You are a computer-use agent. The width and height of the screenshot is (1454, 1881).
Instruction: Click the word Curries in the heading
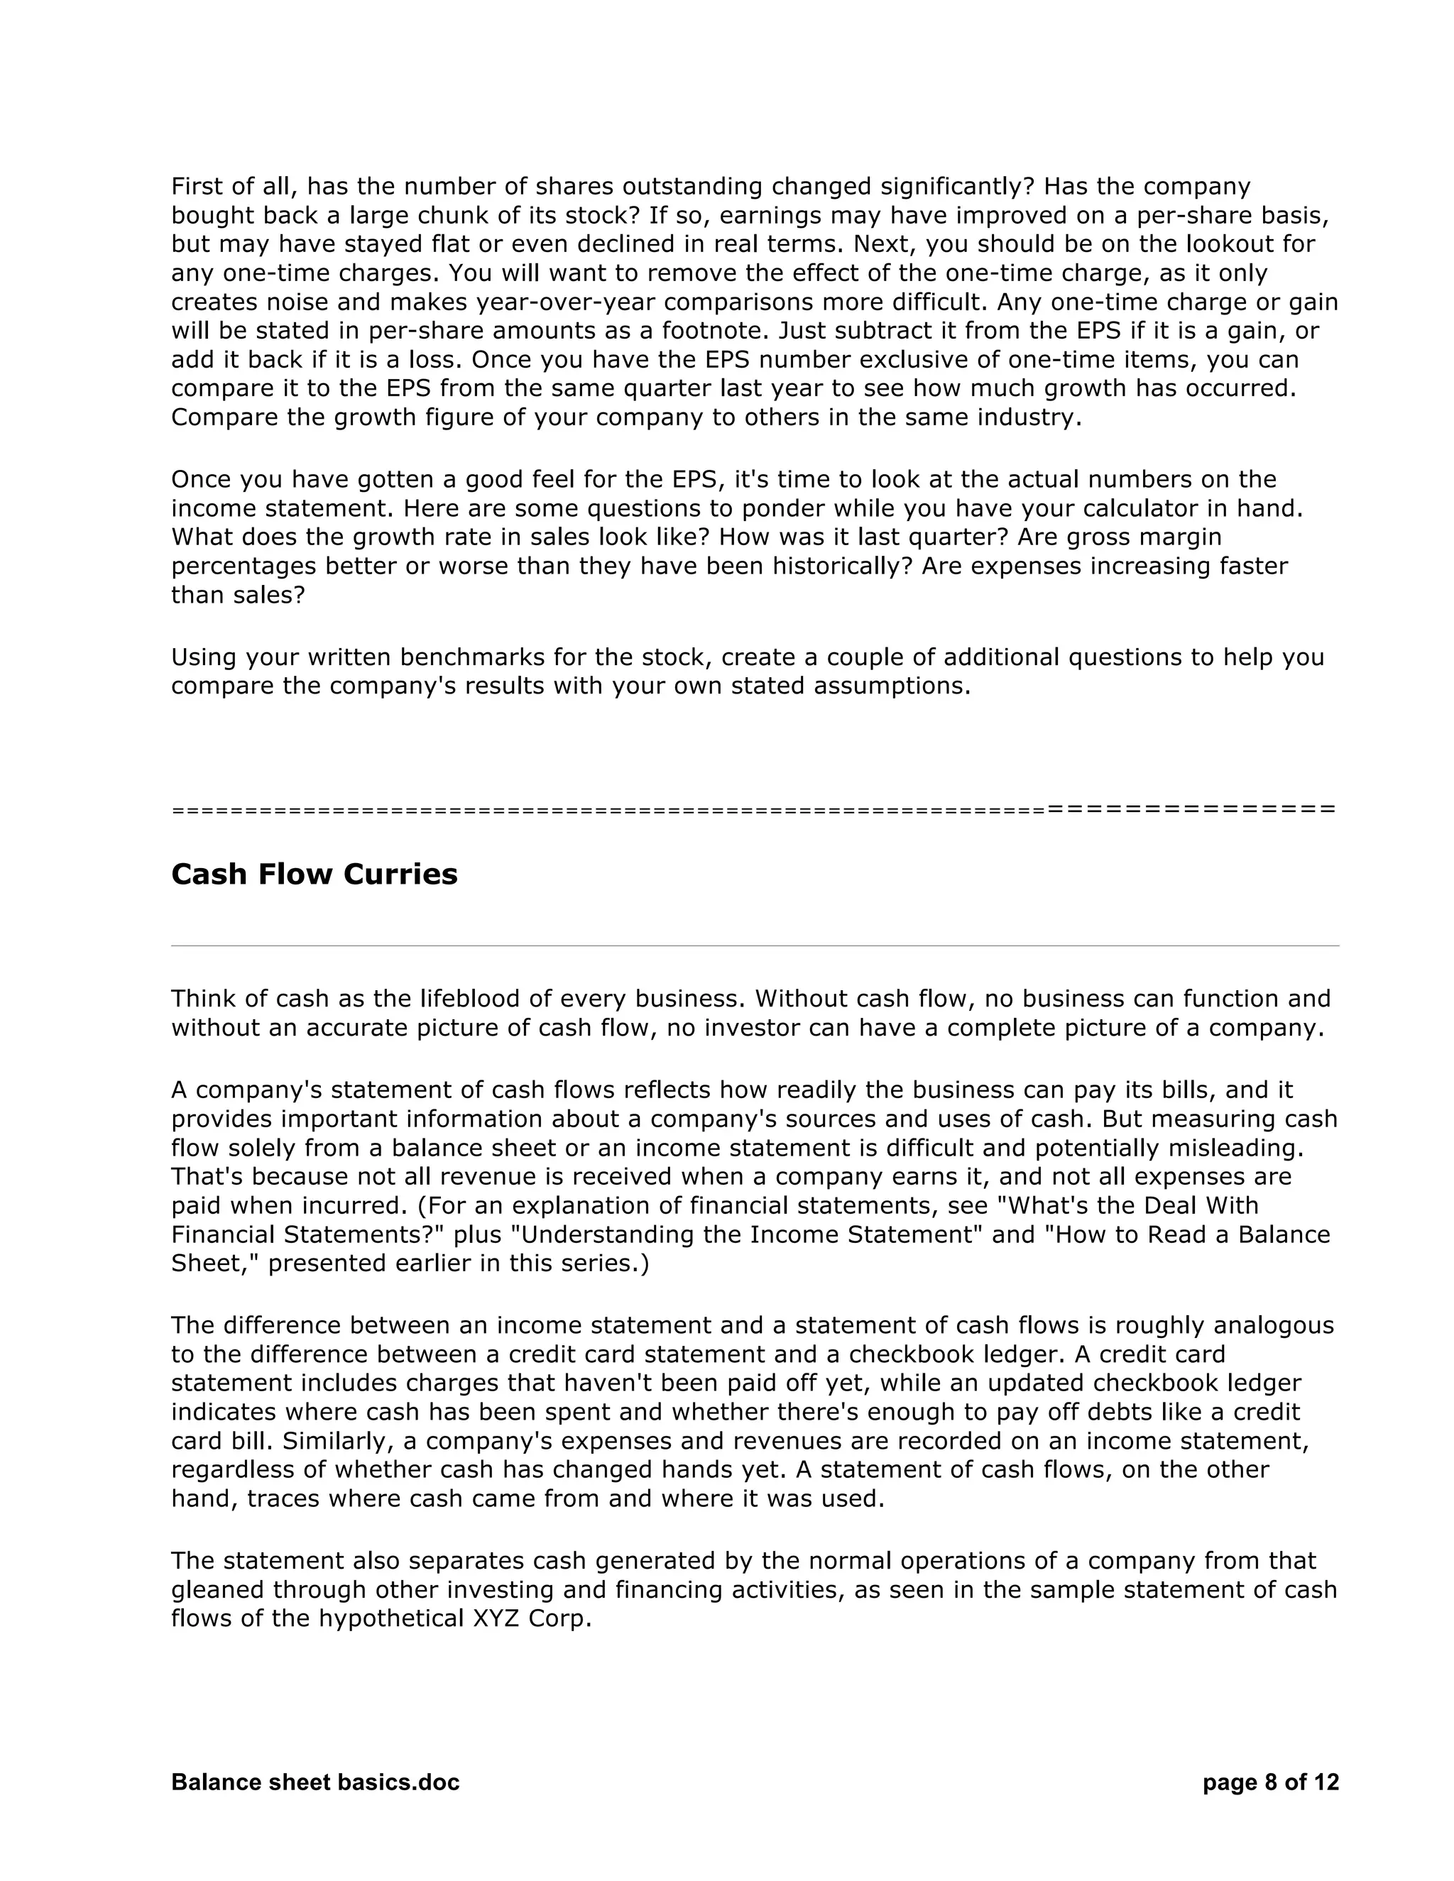[x=400, y=874]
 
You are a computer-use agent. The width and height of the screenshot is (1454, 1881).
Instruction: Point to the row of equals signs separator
[x=754, y=810]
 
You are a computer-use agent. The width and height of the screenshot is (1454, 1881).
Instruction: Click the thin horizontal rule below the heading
[x=754, y=945]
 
